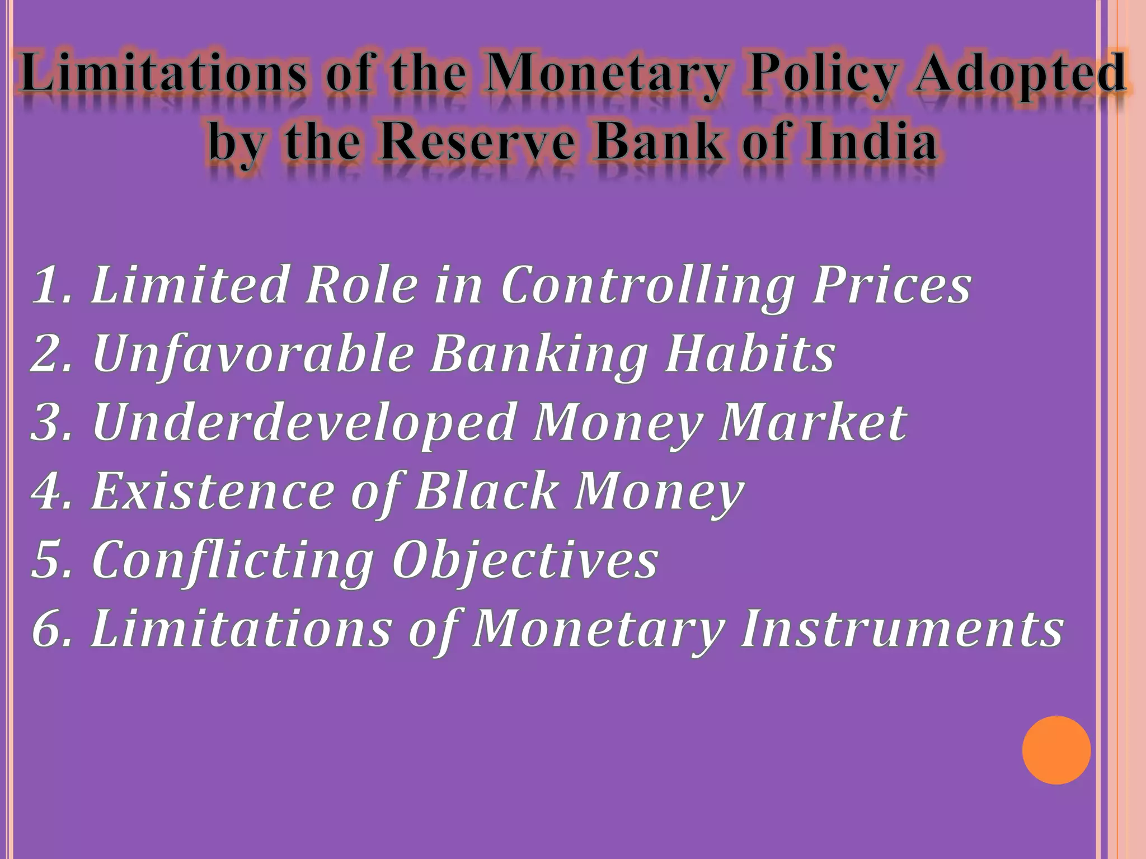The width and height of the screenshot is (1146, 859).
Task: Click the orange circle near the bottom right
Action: point(1056,750)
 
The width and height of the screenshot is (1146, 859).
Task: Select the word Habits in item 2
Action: point(750,353)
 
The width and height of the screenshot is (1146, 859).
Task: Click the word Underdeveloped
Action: point(303,423)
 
